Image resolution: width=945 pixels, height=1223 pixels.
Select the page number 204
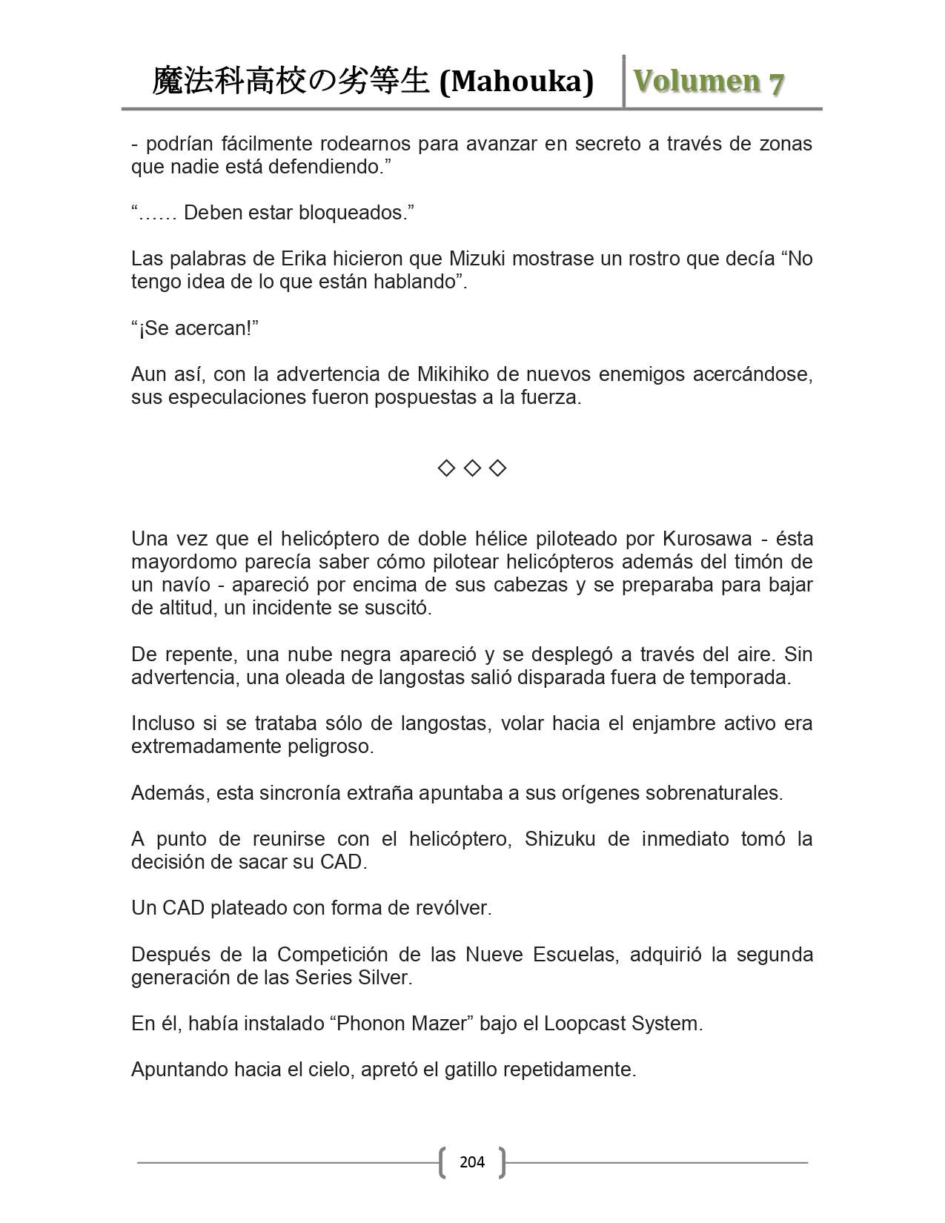472,1161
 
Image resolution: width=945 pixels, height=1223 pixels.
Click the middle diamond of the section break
472,468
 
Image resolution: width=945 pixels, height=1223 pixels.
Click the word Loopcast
584,1024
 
